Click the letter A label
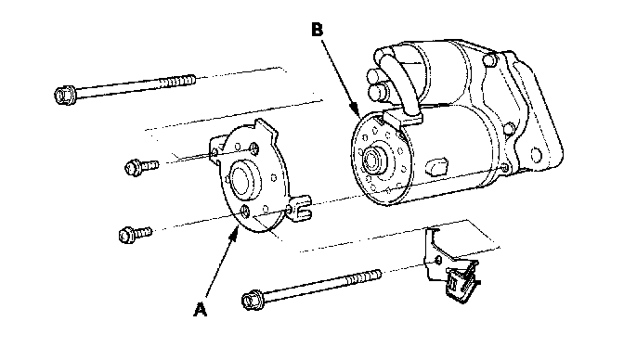(x=201, y=310)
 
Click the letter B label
(x=318, y=30)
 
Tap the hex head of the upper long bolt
(x=64, y=96)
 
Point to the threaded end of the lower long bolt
(x=363, y=276)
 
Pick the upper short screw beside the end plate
(x=141, y=167)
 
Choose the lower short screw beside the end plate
(x=135, y=234)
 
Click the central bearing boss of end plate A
(x=242, y=180)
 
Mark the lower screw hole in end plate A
(x=245, y=211)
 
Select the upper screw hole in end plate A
(x=253, y=149)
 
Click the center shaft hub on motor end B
(x=372, y=160)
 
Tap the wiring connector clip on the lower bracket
(x=461, y=281)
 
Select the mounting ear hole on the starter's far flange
(x=537, y=154)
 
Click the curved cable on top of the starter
(x=399, y=84)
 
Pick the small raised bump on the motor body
(x=436, y=166)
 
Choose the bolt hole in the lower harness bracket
(x=437, y=260)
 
